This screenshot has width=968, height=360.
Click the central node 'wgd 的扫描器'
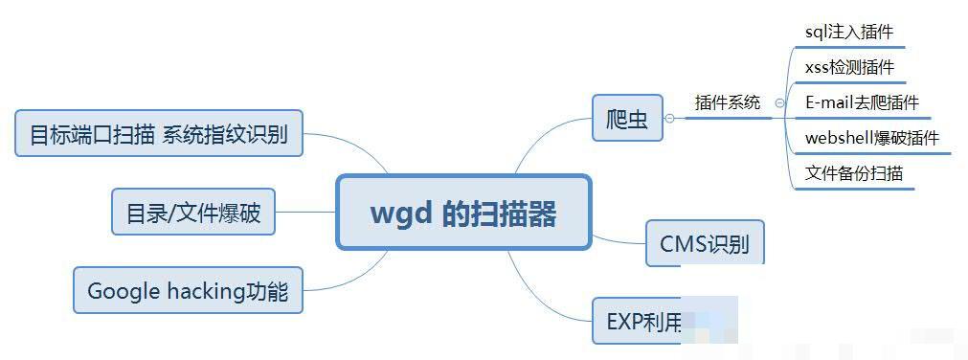[x=462, y=213]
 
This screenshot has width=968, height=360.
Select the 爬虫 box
[x=627, y=118]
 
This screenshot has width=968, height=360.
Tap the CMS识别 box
[x=705, y=243]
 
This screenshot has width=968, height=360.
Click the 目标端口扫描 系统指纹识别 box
[x=159, y=133]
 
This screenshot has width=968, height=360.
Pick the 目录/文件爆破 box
[x=193, y=212]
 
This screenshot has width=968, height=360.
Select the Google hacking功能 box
[x=188, y=290]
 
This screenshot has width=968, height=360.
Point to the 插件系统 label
[x=728, y=102]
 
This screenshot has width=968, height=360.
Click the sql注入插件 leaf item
[x=848, y=32]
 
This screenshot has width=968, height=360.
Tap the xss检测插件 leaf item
[x=849, y=67]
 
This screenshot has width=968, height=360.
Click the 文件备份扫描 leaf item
[x=854, y=173]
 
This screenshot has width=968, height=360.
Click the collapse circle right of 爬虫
[x=670, y=118]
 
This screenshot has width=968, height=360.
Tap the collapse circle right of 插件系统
[x=780, y=102]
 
